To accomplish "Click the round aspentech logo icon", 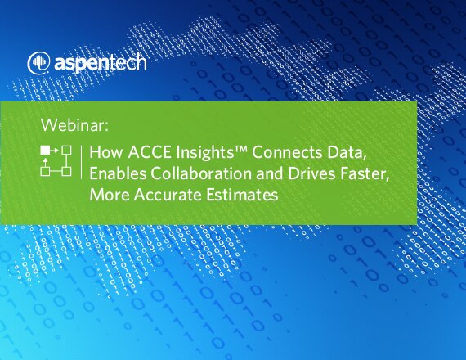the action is (x=38, y=63).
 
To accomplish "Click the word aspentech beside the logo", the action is (x=101, y=63).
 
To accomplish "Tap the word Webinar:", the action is (x=75, y=125).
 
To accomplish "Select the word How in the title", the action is (x=105, y=152).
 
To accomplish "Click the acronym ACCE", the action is (x=150, y=152).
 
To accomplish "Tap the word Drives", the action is (x=311, y=173).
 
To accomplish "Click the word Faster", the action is (x=365, y=173).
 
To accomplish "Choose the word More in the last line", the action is (x=110, y=195).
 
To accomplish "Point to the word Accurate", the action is (x=168, y=195).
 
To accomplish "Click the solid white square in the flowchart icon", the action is (x=45, y=151).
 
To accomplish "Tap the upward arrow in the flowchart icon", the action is (x=45, y=163).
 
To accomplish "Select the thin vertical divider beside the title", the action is (x=81, y=162).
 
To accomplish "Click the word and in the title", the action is (x=270, y=173).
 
